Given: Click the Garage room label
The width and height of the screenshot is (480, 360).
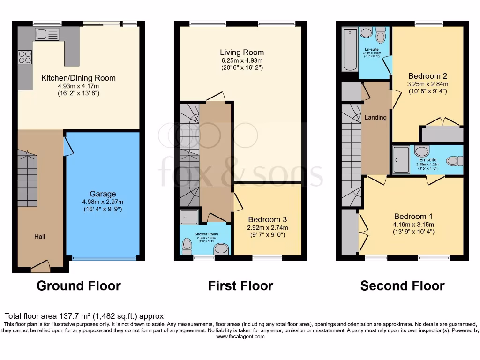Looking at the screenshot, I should tap(103, 194).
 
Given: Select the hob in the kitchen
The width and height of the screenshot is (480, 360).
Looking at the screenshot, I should tap(24, 57).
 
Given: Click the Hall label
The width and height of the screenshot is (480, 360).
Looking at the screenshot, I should tap(40, 237).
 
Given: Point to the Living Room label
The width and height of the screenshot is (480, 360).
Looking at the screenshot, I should tap(242, 52).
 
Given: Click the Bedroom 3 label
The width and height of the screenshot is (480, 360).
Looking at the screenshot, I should tap(267, 219).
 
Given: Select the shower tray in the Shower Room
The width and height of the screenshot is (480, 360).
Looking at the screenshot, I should tap(189, 216).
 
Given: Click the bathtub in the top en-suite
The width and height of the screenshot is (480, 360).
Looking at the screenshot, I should tap(350, 49).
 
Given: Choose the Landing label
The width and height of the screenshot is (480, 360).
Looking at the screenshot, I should tap(375, 117).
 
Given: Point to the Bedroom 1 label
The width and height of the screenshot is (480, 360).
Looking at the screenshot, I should tap(413, 217).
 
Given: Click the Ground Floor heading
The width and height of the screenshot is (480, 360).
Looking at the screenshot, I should tap(79, 285).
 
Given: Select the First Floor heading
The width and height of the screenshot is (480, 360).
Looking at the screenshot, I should tap(240, 285).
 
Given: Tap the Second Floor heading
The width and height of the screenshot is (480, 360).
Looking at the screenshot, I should tap(402, 285).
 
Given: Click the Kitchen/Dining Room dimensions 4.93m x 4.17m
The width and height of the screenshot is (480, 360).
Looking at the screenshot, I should tap(78, 86).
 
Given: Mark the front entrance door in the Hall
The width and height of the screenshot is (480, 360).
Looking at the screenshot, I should tap(40, 266).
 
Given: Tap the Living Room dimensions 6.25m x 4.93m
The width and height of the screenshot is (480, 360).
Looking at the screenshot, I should tap(242, 60).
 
